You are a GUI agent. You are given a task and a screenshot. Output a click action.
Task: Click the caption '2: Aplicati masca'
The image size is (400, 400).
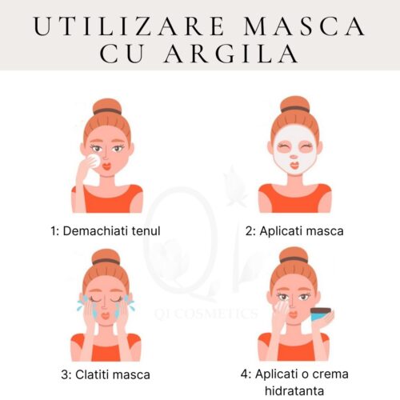click(x=294, y=231)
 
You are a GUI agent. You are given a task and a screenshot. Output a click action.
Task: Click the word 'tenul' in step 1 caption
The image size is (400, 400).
click(x=145, y=231)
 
